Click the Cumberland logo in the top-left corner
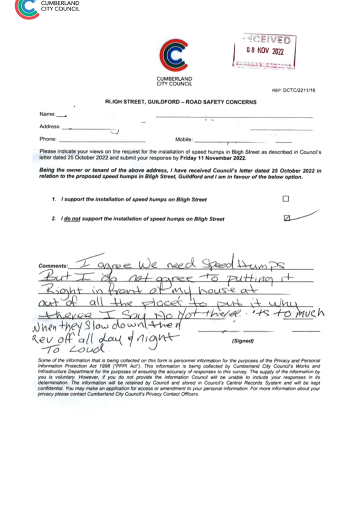27,8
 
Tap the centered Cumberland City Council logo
174,55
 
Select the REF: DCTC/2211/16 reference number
294,90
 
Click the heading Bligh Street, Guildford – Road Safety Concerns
181,101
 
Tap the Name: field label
47,114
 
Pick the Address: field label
50,127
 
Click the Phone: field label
48,139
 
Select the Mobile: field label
184,139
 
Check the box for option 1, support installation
285,199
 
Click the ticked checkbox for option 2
287,217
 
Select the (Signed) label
243,341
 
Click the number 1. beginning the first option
54,200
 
